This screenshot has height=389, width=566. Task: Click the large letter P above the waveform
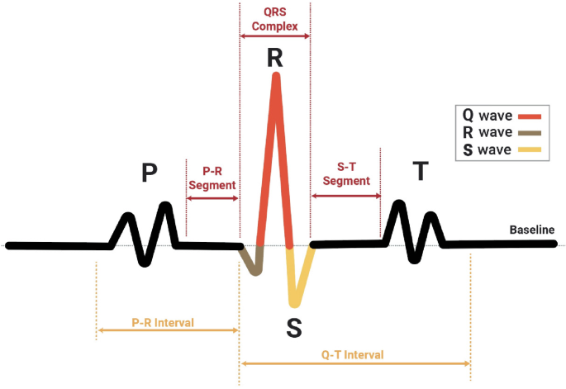click(x=149, y=172)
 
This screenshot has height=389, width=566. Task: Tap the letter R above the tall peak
click(x=275, y=58)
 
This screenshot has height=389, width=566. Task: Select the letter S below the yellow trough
click(x=294, y=328)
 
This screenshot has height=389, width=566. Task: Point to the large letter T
click(x=421, y=171)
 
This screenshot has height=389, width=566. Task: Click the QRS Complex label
click(x=275, y=18)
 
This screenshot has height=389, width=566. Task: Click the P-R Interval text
click(x=163, y=322)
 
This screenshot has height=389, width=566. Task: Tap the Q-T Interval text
click(x=352, y=354)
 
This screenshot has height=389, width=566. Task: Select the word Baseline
click(x=531, y=229)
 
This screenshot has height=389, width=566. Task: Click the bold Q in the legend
click(x=468, y=116)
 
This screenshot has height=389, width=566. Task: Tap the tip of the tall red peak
click(x=276, y=77)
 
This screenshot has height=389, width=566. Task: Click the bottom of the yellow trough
click(x=296, y=303)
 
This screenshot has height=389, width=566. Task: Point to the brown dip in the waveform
click(x=252, y=263)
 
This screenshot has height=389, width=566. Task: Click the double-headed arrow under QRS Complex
click(x=275, y=36)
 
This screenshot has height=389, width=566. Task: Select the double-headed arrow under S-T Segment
click(x=345, y=197)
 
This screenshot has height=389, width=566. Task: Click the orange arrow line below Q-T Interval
click(x=354, y=363)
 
